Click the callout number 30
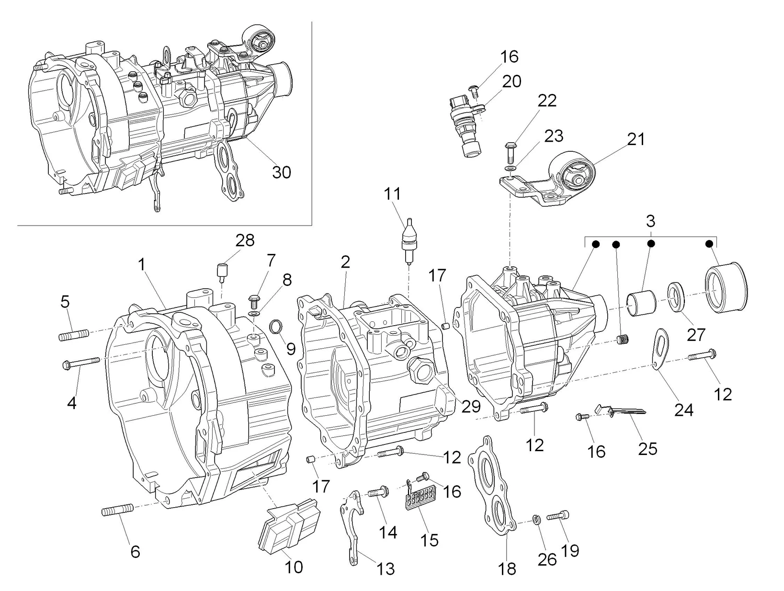(282, 172)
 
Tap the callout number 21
(636, 139)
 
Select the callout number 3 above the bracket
(650, 222)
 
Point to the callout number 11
(392, 194)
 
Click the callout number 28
(245, 240)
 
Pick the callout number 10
(294, 568)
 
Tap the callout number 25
(648, 449)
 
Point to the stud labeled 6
(116, 511)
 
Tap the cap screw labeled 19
(557, 516)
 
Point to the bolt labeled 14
(378, 491)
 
